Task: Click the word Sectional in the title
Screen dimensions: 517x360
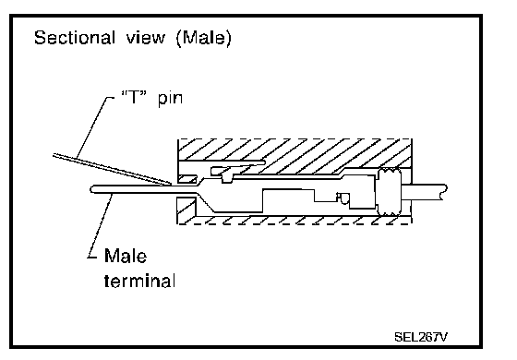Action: [75, 38]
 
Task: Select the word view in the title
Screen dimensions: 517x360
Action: [146, 38]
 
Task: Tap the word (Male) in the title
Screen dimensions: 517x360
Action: [204, 38]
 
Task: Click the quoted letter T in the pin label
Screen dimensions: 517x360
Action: [134, 97]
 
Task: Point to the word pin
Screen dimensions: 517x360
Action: [170, 99]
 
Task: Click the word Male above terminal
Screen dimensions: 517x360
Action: [126, 256]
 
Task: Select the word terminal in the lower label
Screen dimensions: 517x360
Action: [139, 281]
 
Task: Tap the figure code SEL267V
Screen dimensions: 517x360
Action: [421, 337]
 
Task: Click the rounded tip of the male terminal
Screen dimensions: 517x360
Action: [92, 189]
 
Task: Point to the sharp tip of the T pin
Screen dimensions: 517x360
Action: [171, 184]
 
